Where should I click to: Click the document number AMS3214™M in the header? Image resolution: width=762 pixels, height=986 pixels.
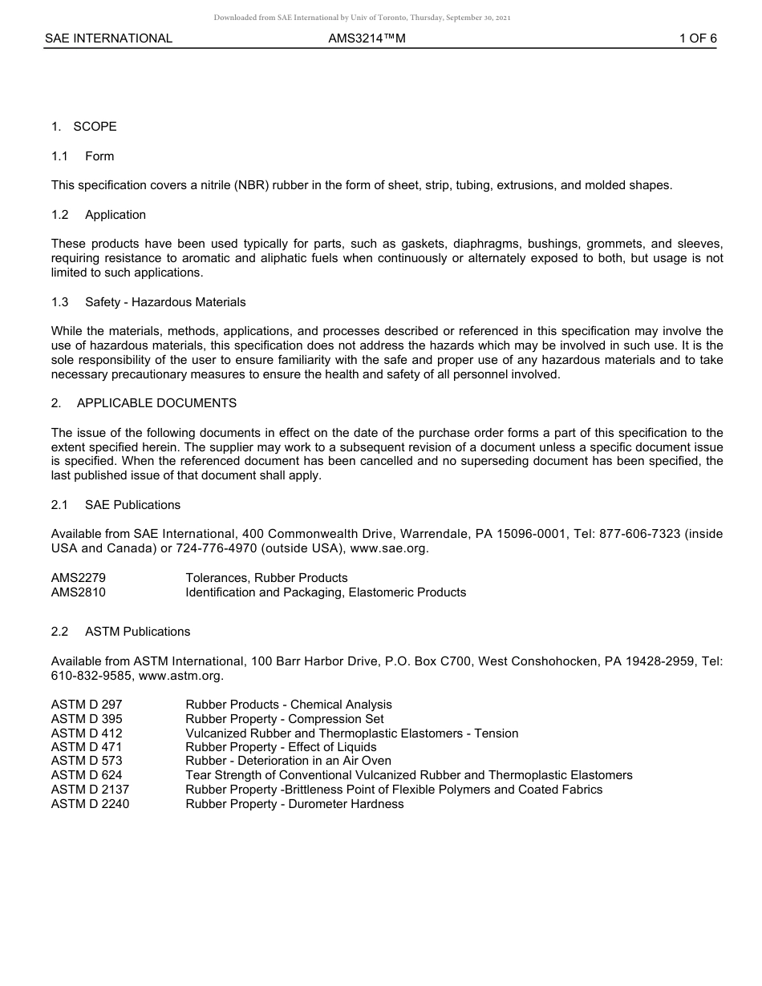tap(367, 38)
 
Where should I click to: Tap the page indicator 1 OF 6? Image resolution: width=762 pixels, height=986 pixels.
tap(698, 38)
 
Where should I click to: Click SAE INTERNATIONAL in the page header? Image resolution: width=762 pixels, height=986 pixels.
tap(108, 38)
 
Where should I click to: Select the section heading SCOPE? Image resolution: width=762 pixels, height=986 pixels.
tap(95, 127)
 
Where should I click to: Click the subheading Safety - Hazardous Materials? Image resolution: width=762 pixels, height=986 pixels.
tap(165, 302)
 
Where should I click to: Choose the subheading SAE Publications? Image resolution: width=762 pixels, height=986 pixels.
tap(132, 505)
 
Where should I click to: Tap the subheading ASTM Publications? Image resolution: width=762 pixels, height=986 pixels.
tap(137, 632)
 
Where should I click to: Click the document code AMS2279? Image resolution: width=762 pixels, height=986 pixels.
tap(79, 578)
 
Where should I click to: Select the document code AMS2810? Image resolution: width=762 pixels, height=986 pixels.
tap(79, 592)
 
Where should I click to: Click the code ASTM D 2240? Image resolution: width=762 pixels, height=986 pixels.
tap(90, 804)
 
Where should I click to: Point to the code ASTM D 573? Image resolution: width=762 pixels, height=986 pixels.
tap(87, 761)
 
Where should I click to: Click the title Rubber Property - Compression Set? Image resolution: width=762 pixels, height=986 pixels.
tap(284, 719)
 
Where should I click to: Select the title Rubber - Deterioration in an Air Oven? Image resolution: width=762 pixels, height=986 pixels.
tap(288, 761)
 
